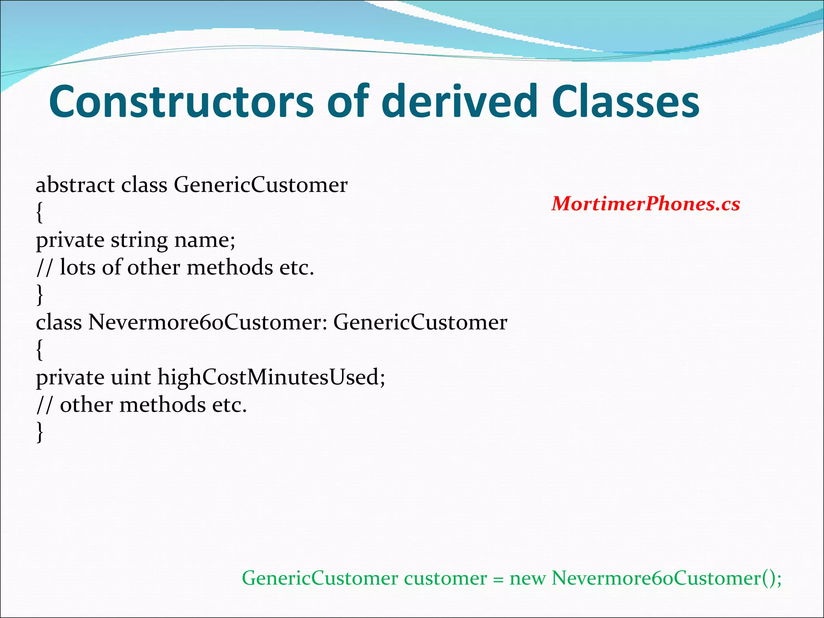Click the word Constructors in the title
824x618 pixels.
[x=181, y=101]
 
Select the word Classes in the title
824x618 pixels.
[x=626, y=101]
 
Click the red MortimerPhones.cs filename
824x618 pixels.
[x=645, y=204]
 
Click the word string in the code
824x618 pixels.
[x=139, y=241]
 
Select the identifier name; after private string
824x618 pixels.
[x=205, y=241]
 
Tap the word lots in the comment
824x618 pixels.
[x=78, y=268]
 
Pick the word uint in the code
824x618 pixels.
[x=131, y=377]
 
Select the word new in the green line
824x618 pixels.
[x=528, y=579]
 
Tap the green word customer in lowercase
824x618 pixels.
[x=445, y=579]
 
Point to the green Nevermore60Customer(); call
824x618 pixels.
[x=666, y=579]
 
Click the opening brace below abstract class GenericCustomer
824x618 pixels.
[x=39, y=212]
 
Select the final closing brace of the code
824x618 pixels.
[x=39, y=433]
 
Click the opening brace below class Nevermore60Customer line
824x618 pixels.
[x=39, y=350]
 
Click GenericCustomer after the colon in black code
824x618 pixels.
[x=420, y=323]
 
